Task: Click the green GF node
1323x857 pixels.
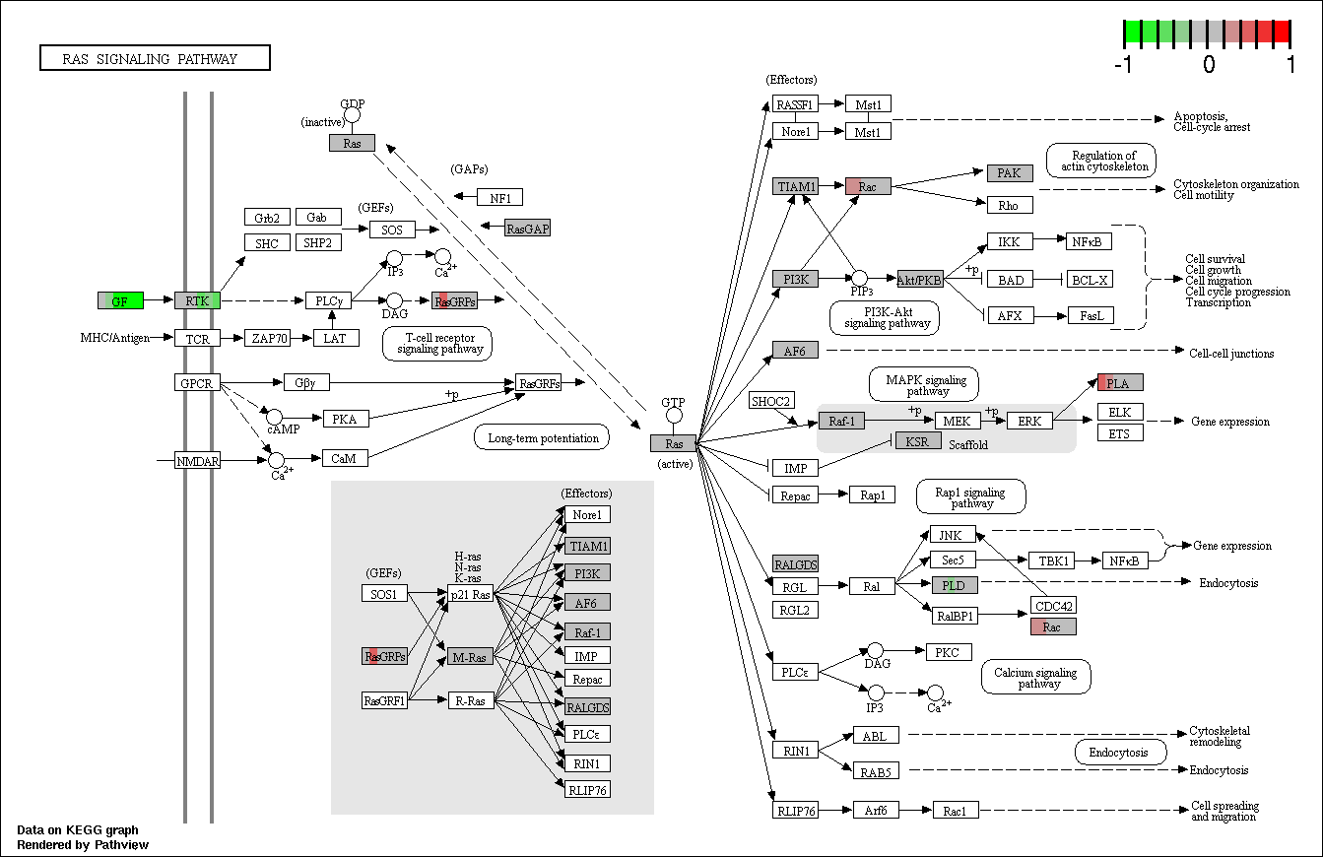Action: click(x=120, y=300)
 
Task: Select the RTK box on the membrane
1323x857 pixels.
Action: click(x=197, y=300)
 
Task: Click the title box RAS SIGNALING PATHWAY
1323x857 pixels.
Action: click(x=155, y=58)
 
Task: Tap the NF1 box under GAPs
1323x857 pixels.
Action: click(x=499, y=197)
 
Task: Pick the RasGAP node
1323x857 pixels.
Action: click(x=527, y=228)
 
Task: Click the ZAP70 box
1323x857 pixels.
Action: click(x=269, y=338)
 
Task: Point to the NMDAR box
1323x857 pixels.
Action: click(x=197, y=460)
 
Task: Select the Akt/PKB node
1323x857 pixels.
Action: click(x=920, y=279)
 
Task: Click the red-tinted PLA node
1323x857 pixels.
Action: click(x=1120, y=383)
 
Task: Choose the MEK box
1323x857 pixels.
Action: click(x=958, y=421)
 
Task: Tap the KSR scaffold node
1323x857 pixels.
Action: click(x=918, y=440)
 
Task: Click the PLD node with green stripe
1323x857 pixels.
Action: click(x=955, y=585)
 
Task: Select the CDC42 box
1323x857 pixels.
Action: click(x=1054, y=606)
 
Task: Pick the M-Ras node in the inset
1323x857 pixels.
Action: click(x=470, y=656)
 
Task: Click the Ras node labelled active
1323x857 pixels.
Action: click(x=673, y=443)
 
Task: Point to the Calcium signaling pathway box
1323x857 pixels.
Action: click(x=1036, y=677)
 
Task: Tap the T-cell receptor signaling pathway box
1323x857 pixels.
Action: click(x=437, y=343)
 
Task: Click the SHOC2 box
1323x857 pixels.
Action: click(x=771, y=401)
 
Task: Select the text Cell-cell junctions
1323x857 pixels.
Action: click(x=1230, y=354)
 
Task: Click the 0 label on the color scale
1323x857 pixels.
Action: click(x=1209, y=64)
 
